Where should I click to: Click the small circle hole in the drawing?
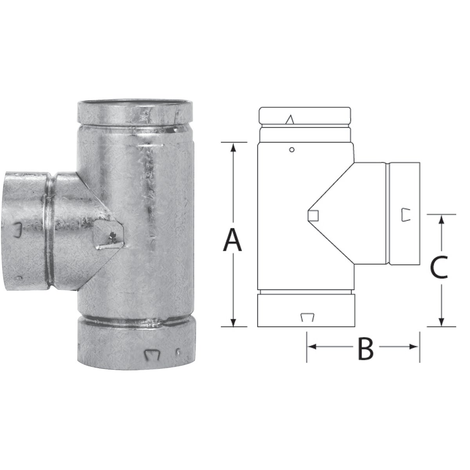291,149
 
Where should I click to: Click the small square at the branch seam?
313,215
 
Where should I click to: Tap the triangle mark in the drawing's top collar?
289,119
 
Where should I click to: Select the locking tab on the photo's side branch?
17,230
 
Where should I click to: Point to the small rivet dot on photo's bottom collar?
178,351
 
